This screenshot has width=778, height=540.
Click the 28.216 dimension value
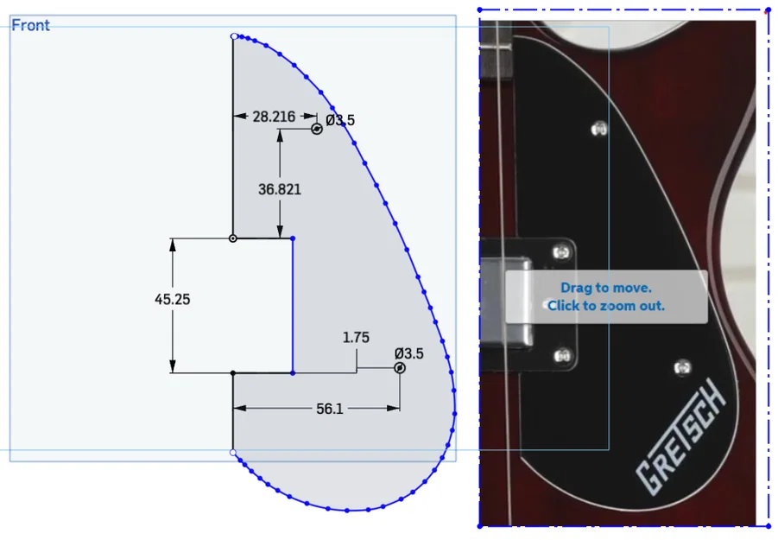[x=273, y=117]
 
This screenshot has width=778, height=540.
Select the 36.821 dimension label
[x=280, y=189]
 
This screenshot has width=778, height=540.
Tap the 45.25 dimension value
[x=173, y=299]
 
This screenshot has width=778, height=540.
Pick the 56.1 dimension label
[x=330, y=409]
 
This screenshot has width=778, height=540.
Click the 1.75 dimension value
[x=356, y=338]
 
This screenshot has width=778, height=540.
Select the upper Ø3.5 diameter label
[x=340, y=121]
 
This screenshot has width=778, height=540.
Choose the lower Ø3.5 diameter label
[x=408, y=353]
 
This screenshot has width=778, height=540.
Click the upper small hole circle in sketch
[x=317, y=129]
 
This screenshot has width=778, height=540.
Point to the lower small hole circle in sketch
[x=400, y=368]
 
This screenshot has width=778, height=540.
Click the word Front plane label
[x=31, y=25]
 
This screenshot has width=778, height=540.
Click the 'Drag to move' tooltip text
[x=606, y=288]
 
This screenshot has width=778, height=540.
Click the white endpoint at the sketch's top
[x=233, y=36]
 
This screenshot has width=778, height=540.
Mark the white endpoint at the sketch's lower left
[x=233, y=452]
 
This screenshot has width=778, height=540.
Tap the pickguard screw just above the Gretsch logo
[x=683, y=366]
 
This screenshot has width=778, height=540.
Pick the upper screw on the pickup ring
[x=562, y=251]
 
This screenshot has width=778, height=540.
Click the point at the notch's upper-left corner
[x=232, y=238]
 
